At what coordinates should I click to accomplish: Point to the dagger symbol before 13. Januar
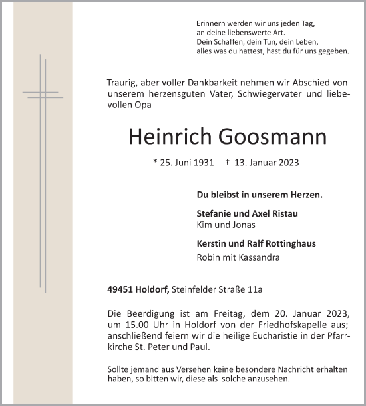coord(228,161)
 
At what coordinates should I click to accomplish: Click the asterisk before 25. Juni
coord(155,162)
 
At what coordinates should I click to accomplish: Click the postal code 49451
coord(120,289)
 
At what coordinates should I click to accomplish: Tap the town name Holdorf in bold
coord(153,289)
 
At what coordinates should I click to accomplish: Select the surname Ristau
coord(283,213)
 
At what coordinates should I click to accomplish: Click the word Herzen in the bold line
coord(305,195)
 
